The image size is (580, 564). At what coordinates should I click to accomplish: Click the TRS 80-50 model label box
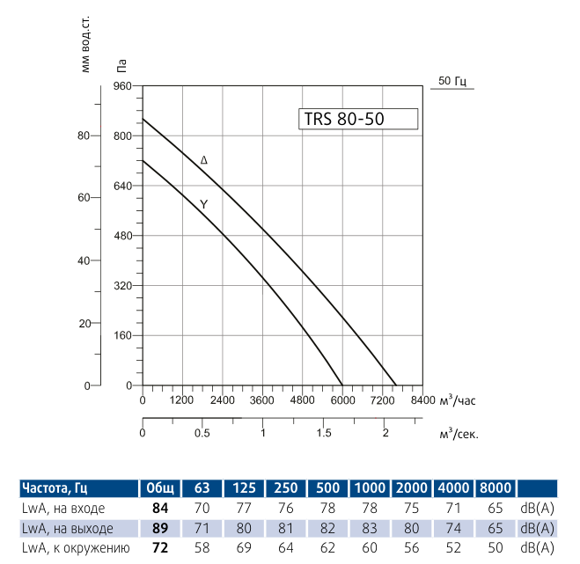[356, 120]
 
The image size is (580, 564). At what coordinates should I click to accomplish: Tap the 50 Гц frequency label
[452, 81]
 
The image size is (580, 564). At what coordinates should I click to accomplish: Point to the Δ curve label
[204, 160]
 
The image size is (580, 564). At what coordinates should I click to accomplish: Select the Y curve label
[204, 204]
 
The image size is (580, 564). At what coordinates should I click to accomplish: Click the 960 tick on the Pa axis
[121, 86]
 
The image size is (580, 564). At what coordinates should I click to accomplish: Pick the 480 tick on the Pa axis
[121, 236]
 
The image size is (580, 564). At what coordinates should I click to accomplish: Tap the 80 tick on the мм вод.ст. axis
[84, 136]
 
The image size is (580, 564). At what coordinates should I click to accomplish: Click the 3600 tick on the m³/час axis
[262, 400]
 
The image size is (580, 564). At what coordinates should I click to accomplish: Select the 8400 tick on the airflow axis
[422, 400]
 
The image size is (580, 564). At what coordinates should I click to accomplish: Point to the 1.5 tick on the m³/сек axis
[323, 434]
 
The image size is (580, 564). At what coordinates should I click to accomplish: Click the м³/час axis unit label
[457, 400]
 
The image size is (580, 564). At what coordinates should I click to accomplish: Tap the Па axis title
[121, 63]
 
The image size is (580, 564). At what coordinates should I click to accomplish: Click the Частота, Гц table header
[55, 488]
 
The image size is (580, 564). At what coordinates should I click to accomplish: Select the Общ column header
[159, 488]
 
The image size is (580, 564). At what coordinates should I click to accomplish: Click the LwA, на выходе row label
[67, 529]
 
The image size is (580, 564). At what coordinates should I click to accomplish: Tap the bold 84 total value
[159, 509]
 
